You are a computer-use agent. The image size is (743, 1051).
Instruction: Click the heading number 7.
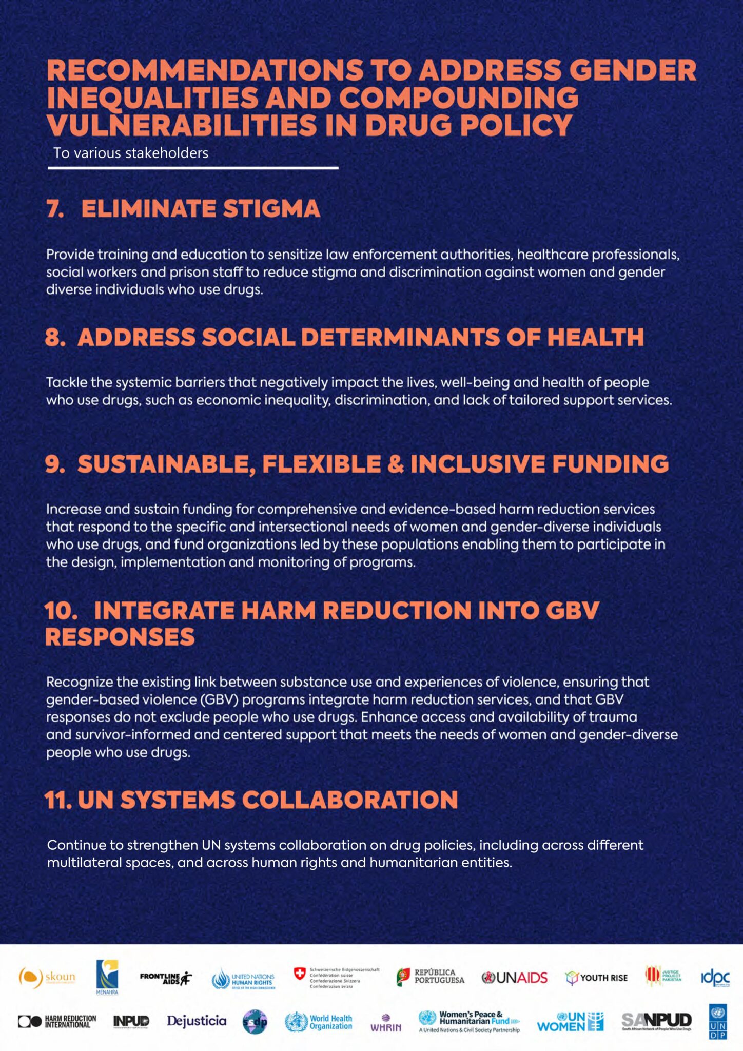[55, 209]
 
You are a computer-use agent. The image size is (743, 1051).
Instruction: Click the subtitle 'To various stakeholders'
[131, 153]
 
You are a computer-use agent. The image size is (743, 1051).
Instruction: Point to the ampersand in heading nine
[396, 464]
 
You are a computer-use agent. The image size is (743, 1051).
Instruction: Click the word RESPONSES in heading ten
[120, 637]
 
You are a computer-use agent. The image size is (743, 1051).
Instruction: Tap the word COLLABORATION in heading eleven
[350, 800]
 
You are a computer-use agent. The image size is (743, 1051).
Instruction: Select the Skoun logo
[47, 978]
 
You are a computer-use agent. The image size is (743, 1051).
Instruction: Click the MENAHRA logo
[107, 977]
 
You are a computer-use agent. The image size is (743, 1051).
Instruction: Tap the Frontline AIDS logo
[165, 978]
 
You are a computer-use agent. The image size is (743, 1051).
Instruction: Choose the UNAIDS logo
[515, 978]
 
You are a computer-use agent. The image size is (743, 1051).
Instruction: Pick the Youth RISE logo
[596, 978]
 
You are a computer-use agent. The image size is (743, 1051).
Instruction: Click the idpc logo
[715, 978]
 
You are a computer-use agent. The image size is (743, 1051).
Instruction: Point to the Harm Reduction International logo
[57, 1021]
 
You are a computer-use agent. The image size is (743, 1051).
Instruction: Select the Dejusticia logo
[197, 1021]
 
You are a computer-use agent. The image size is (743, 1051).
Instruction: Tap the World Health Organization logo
[319, 1022]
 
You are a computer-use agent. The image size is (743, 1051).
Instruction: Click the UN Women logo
[570, 1022]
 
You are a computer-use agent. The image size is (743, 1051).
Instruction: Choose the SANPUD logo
[657, 1021]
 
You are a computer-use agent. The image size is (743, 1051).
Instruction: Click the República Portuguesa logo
[431, 977]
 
